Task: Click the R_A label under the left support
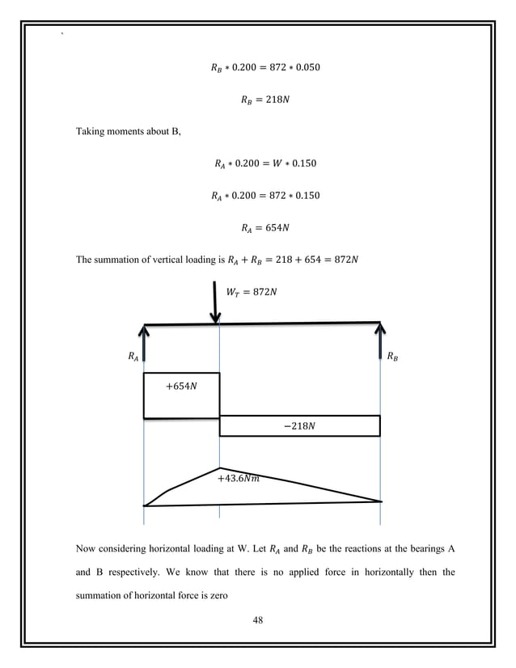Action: click(x=133, y=355)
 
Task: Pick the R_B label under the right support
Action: click(x=392, y=355)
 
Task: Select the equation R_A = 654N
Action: click(x=259, y=227)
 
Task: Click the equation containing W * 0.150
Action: click(x=259, y=164)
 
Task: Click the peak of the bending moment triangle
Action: click(x=219, y=468)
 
